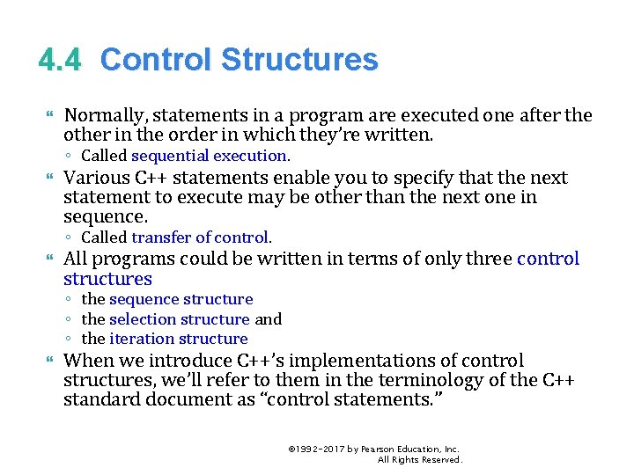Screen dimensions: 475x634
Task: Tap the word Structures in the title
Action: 299,60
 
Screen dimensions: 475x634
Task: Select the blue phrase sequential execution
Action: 210,156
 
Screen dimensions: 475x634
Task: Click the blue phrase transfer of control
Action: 201,237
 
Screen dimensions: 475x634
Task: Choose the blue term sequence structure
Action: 181,299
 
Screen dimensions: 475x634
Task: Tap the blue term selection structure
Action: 180,319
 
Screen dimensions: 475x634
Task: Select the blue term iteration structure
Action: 179,339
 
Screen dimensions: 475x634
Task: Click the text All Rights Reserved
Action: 419,459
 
